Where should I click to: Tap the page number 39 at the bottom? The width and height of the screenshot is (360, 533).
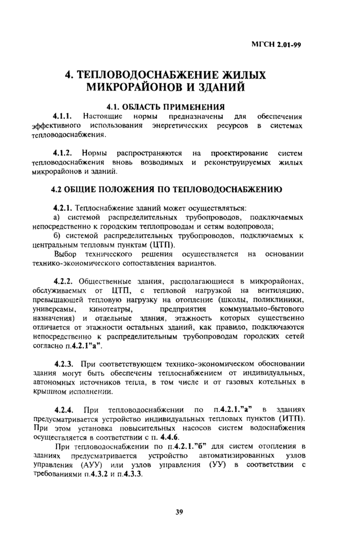coord(179,511)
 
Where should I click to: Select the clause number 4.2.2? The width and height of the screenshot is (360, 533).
coord(65,281)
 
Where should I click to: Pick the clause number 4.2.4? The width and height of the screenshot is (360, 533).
coord(65,410)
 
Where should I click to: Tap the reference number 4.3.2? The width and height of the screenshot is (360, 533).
coord(104,474)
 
